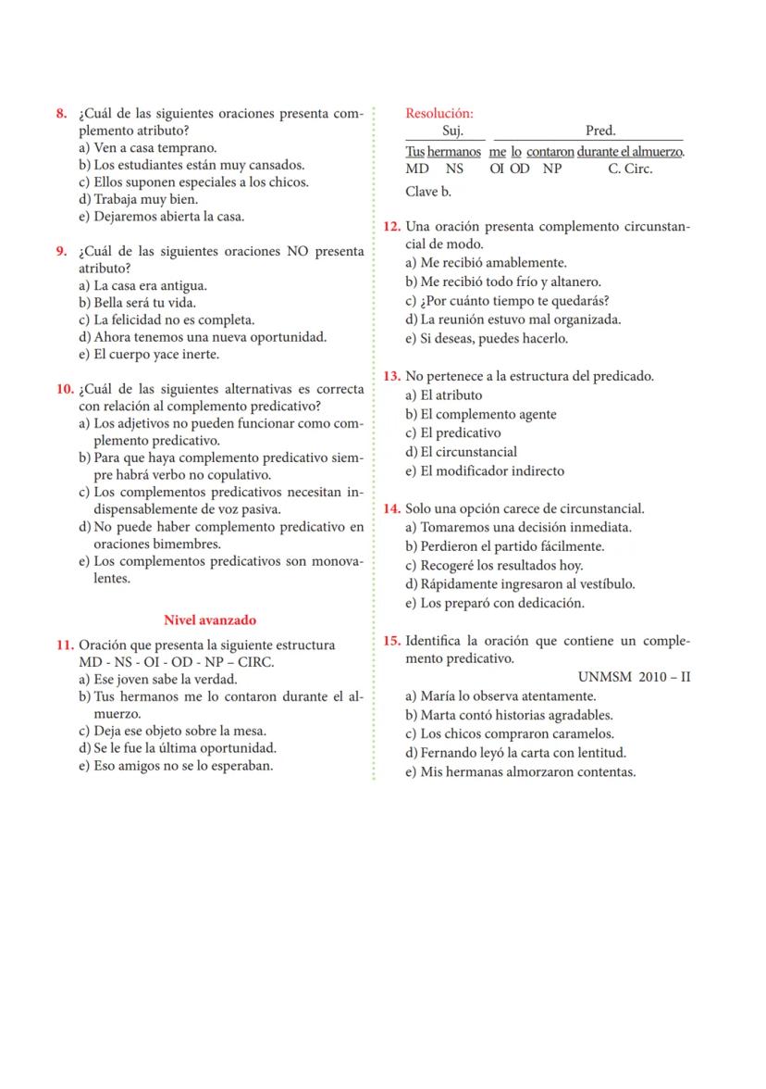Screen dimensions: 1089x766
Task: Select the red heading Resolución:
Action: (x=439, y=113)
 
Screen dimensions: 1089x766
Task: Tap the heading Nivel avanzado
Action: (x=210, y=620)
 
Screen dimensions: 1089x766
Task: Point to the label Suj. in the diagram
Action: (x=453, y=131)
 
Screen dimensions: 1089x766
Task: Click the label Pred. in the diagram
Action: (x=600, y=131)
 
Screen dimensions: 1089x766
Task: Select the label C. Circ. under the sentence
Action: (x=629, y=169)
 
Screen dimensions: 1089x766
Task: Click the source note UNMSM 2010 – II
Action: (x=634, y=677)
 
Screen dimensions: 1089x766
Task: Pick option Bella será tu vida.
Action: (x=138, y=303)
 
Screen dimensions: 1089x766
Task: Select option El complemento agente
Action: (x=481, y=414)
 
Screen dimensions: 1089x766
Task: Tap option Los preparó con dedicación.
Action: (x=495, y=603)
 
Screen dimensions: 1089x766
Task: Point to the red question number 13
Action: (x=391, y=377)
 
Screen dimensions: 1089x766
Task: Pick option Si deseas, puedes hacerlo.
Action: (x=487, y=339)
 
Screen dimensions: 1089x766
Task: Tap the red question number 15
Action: (x=391, y=642)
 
